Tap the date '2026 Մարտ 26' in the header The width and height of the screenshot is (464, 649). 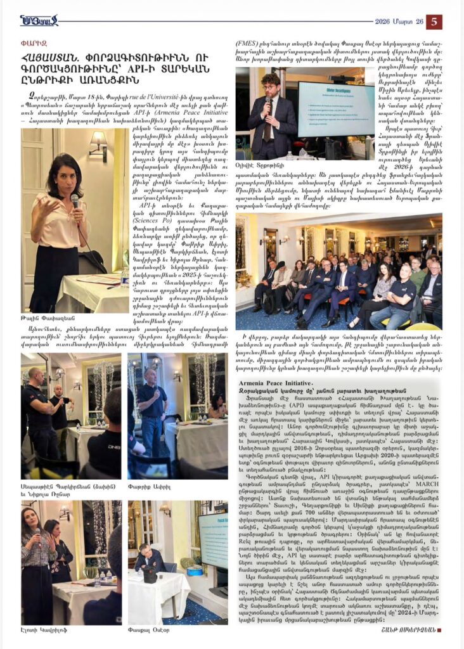pyautogui.click(x=400, y=22)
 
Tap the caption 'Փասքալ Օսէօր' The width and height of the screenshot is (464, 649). pyautogui.click(x=152, y=631)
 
